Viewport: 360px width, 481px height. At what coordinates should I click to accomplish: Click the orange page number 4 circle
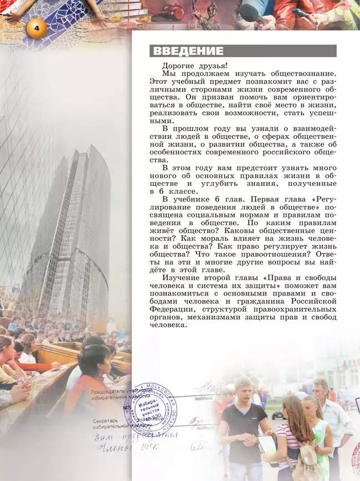tap(36, 28)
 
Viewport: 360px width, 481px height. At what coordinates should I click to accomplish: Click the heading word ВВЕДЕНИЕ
tap(188, 51)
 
